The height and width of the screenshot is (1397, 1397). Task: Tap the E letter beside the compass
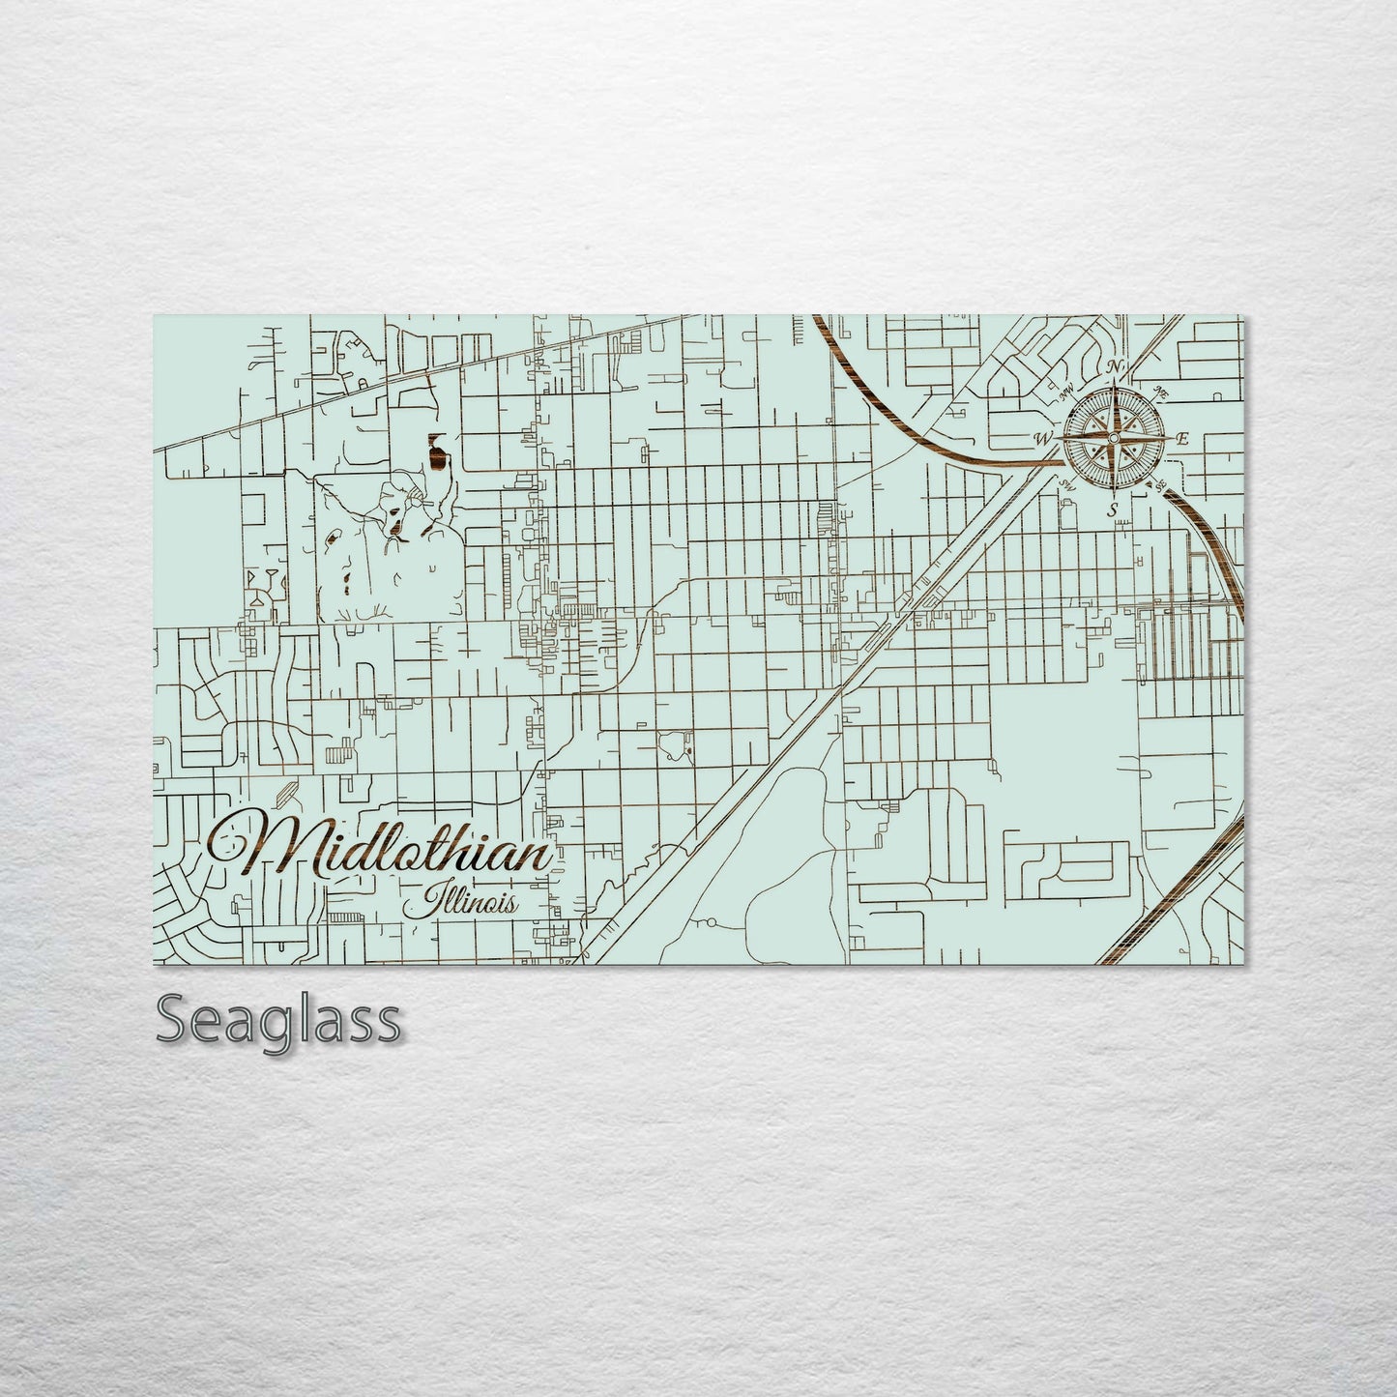coord(1180,439)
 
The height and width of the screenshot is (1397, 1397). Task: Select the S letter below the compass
coord(1113,509)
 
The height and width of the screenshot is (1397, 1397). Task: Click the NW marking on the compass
coord(1068,393)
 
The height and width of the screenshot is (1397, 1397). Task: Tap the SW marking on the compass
coord(1066,483)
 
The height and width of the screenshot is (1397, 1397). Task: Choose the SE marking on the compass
coord(1161,483)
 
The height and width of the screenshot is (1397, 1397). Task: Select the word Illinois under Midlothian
coord(461,905)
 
